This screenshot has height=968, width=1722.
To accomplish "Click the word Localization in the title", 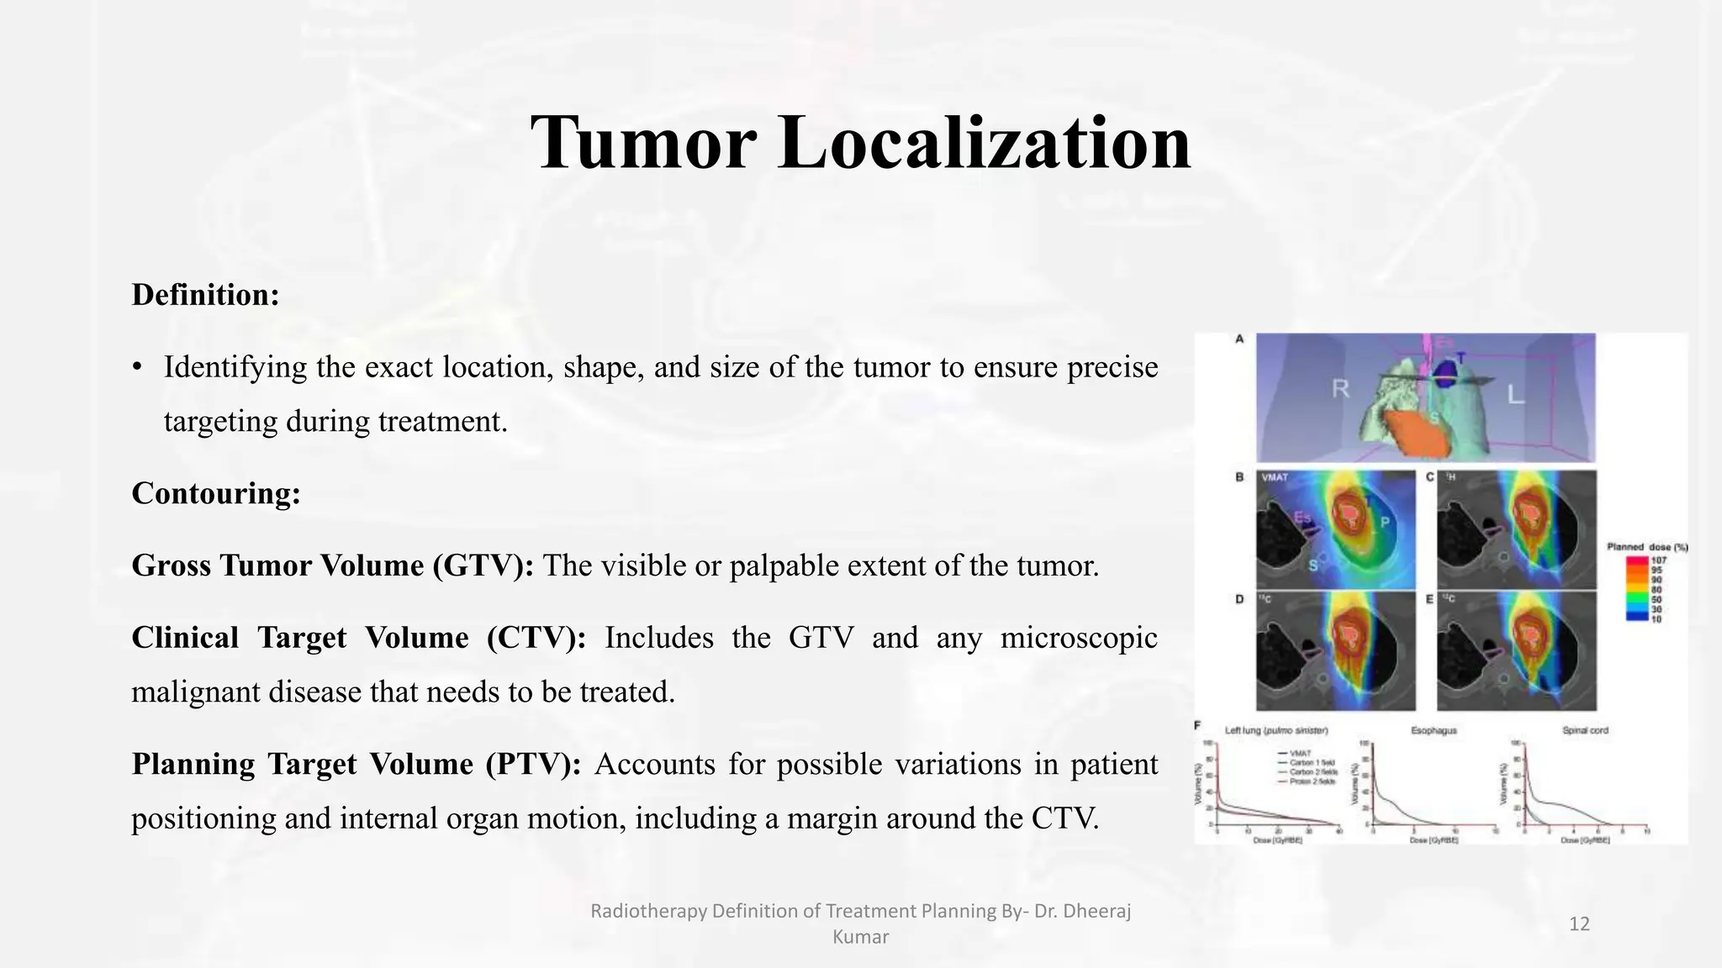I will point(984,143).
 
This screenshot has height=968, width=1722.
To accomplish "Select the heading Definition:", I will point(205,295).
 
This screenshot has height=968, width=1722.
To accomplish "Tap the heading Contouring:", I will point(216,493).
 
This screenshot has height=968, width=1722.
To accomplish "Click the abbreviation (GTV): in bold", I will point(483,566).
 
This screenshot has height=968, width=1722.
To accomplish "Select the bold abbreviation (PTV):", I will point(533,764).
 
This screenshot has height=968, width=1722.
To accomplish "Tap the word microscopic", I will point(1079,638).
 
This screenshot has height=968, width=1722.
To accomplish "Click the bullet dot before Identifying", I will point(137,368).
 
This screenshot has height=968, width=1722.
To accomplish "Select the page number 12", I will point(1579,924).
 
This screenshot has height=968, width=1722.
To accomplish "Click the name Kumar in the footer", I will point(860,937).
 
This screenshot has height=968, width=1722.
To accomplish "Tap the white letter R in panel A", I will point(1340,389).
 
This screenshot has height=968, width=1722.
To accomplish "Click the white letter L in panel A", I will point(1515,394).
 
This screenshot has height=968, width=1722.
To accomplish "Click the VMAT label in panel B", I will point(1275,477).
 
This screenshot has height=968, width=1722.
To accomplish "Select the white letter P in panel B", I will point(1385,523).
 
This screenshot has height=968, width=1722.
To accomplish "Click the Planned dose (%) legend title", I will point(1647,547).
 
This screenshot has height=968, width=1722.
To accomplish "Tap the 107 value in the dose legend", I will point(1658,560).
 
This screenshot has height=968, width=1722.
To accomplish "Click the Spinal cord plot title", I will point(1585,730).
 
